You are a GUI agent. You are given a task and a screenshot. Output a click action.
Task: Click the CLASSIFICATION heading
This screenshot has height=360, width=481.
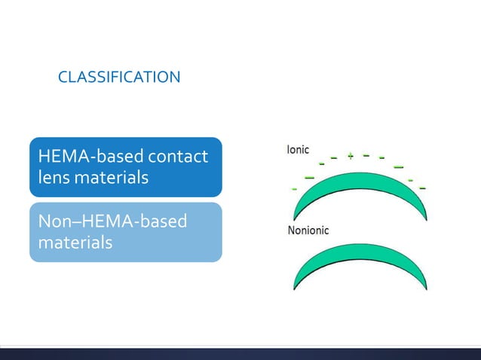pos(119,77)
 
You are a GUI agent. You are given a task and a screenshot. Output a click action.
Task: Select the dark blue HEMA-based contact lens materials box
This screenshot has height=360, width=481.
pos(125,167)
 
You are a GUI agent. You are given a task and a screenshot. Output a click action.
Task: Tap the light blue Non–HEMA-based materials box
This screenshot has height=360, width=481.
pos(125,232)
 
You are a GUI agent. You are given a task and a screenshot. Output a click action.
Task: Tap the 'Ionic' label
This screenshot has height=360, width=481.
pos(297,150)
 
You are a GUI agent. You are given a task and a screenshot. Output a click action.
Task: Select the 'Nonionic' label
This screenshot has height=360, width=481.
pos(308,230)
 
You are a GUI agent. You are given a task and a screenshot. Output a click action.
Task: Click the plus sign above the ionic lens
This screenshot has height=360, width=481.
pos(350,157)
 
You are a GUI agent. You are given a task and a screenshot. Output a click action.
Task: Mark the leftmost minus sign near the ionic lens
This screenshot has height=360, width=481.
pos(294,189)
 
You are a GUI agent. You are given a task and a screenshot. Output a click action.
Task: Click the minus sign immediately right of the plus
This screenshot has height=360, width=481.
pos(366,156)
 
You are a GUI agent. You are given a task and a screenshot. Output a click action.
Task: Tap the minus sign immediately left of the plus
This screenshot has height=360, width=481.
pos(333,158)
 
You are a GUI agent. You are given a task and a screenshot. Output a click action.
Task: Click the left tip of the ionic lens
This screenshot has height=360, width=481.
pos(295,218)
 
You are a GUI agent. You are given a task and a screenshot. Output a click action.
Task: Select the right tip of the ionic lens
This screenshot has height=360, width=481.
pos(427,219)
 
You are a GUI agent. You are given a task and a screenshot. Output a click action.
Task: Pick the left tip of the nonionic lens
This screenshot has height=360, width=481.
pos(295,289)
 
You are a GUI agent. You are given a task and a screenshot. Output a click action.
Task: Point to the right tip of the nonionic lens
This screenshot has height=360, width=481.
pos(427,289)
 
